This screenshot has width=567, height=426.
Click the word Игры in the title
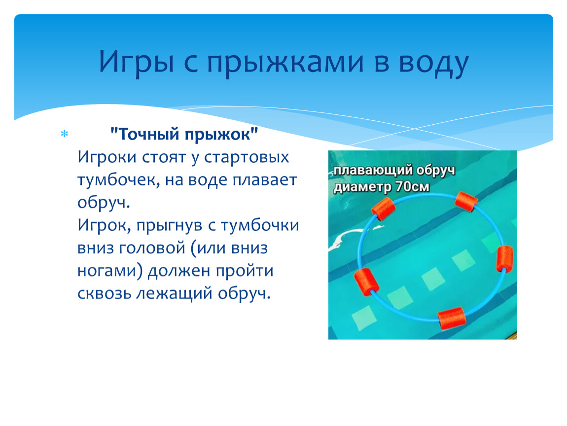point(137,62)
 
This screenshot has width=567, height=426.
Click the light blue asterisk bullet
point(65,134)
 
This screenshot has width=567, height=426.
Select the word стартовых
point(247,157)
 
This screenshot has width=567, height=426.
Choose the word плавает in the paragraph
point(264,180)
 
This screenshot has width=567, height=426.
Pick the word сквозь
point(104,293)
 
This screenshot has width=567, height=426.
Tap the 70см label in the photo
point(412,187)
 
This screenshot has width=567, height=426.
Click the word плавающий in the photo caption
point(373,170)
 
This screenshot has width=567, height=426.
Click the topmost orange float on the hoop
point(466,202)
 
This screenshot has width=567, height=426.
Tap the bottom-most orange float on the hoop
point(452,318)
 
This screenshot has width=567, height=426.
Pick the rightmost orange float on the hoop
point(504,258)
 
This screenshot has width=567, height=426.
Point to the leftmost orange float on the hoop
point(367,283)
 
